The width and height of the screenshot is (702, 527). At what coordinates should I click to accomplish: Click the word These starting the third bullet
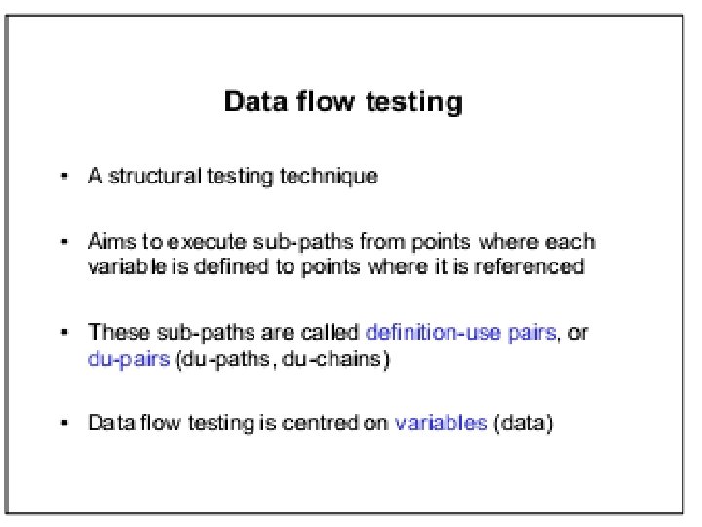point(113,333)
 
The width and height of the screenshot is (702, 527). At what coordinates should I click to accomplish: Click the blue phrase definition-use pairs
point(460,333)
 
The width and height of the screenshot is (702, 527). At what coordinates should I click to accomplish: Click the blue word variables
point(440,424)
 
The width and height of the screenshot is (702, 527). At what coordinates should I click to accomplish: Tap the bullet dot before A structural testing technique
point(65,177)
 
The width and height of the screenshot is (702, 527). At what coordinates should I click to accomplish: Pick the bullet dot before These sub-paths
point(65,333)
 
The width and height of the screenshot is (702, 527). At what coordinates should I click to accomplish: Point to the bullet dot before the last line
point(65,424)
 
